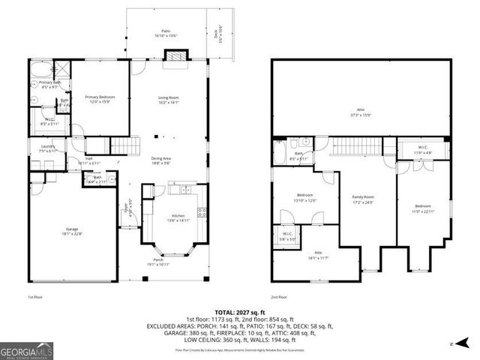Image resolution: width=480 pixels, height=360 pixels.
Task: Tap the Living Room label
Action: (x=167, y=100)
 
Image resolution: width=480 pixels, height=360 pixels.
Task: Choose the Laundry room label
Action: (x=40, y=148)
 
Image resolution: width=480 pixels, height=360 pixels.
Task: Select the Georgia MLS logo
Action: (x=25, y=349)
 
